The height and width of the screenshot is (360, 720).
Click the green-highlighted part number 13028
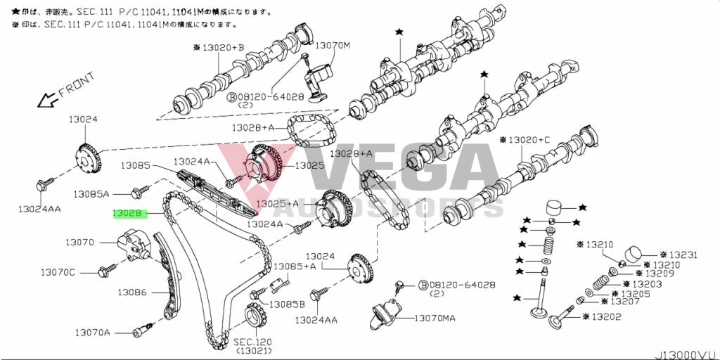pyautogui.click(x=129, y=212)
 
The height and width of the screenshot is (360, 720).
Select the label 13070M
pyautogui.click(x=332, y=46)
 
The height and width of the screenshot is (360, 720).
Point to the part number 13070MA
pyautogui.click(x=434, y=319)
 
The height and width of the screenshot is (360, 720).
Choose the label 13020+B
pyautogui.click(x=219, y=48)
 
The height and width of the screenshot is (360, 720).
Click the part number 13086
pyautogui.click(x=132, y=291)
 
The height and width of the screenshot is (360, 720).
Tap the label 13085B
pyautogui.click(x=288, y=304)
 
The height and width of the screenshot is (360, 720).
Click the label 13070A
pyautogui.click(x=93, y=331)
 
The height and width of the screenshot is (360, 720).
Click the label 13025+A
pyautogui.click(x=276, y=203)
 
